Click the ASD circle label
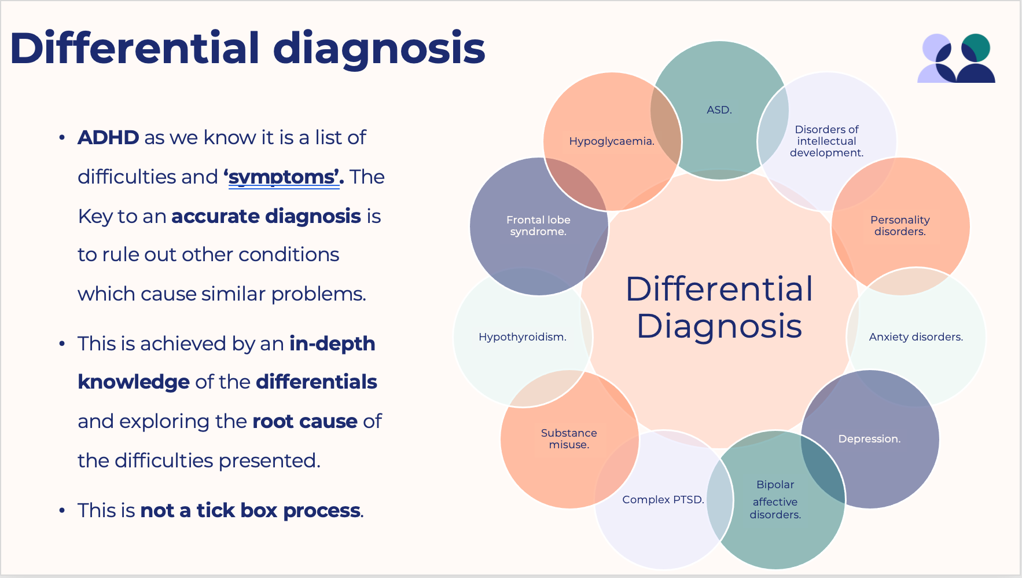[719, 110]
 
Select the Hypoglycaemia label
[612, 141]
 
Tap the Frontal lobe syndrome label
[538, 225]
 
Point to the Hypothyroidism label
[522, 337]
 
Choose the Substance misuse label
[569, 438]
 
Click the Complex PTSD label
[663, 500]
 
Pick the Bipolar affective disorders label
[775, 499]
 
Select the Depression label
[869, 439]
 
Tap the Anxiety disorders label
[916, 337]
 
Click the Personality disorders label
[900, 225]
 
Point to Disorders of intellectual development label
[826, 141]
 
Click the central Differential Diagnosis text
[719, 307]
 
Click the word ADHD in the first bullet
[108, 138]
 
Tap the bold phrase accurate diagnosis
[266, 216]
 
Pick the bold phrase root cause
[304, 421]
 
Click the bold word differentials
[316, 382]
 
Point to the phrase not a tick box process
[251, 510]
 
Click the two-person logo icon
[956, 58]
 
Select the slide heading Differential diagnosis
[247, 48]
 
